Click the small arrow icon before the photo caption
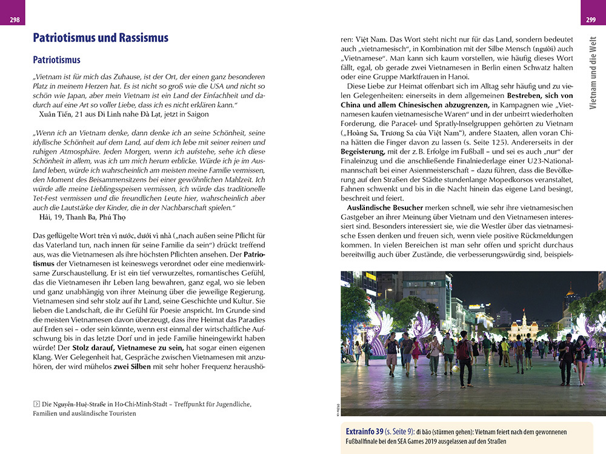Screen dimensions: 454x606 click(36, 404)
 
